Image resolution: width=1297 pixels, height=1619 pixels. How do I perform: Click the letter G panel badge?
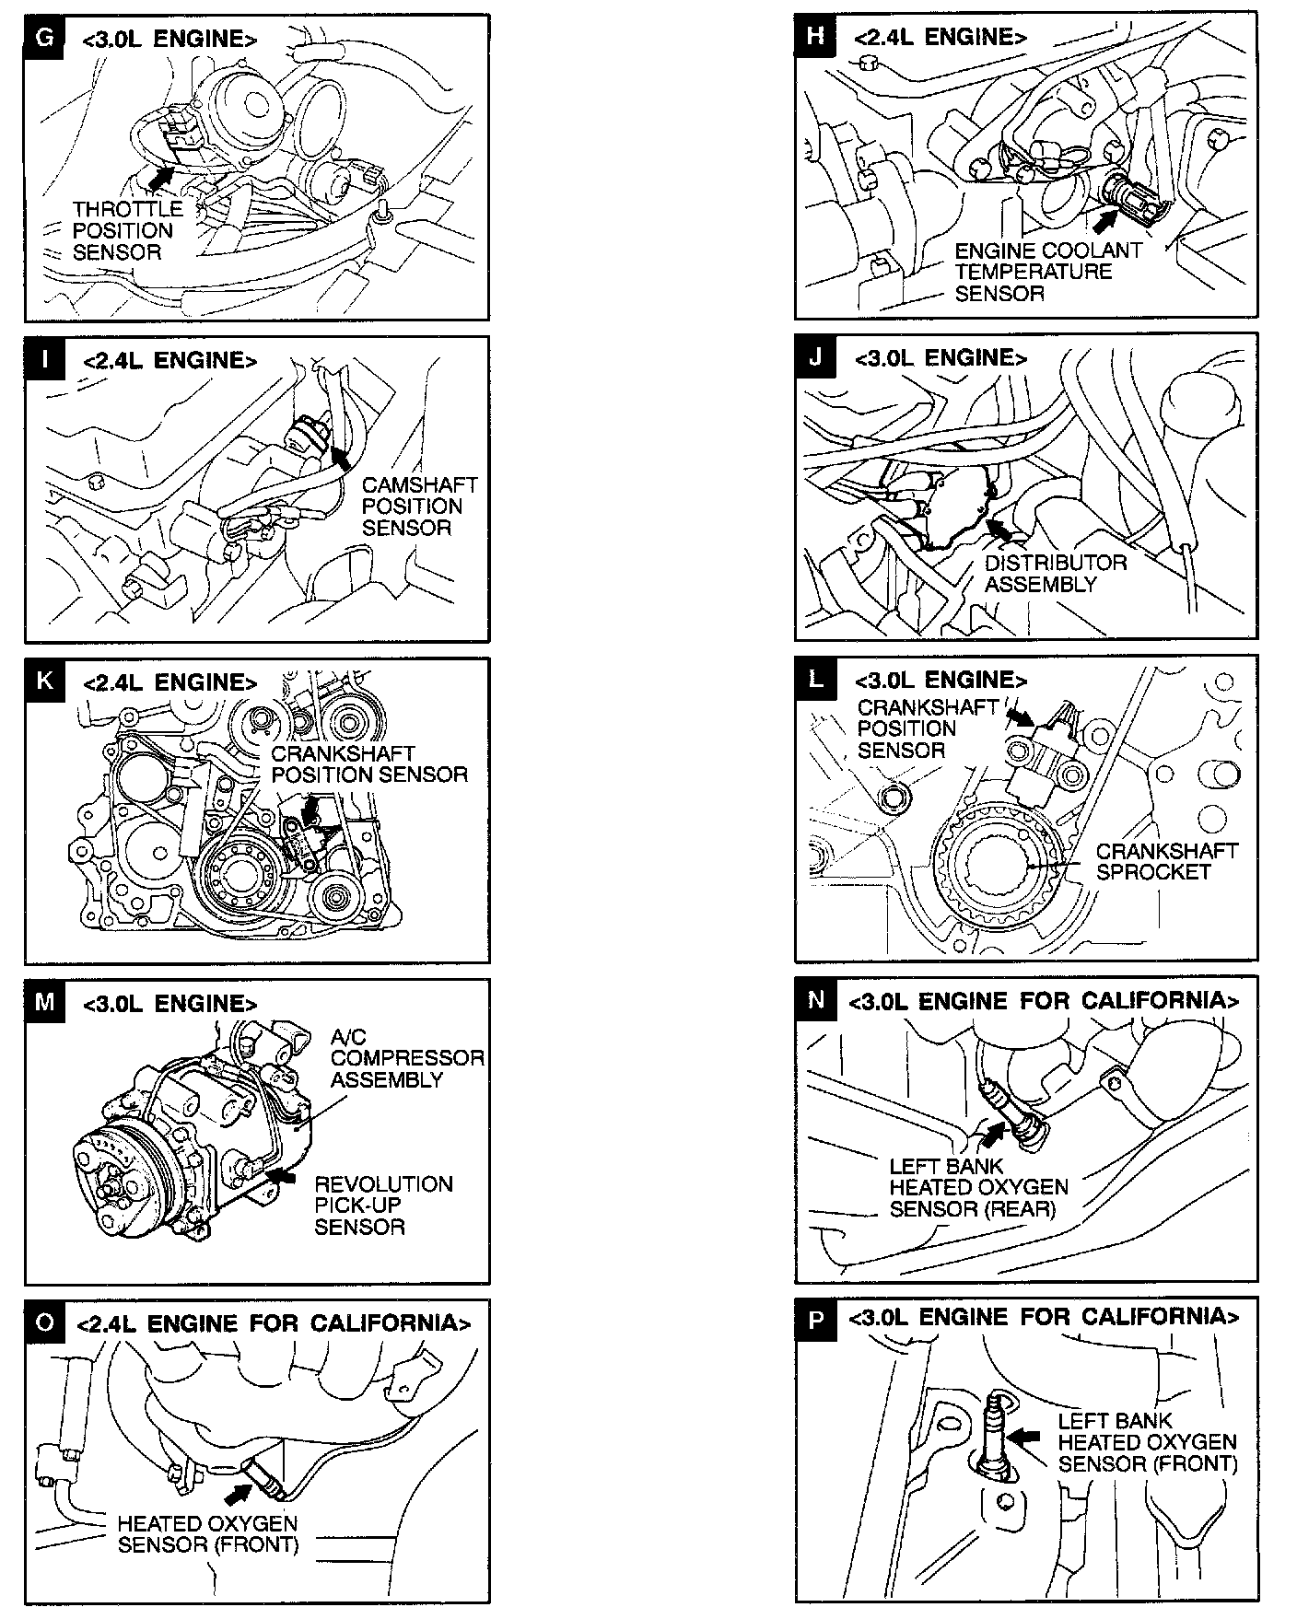pos(43,38)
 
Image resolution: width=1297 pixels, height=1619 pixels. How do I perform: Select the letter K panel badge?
pos(43,681)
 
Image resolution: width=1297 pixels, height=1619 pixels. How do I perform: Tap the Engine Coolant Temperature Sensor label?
pos(1047,272)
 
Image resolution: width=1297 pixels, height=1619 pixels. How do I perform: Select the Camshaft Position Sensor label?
pos(419,506)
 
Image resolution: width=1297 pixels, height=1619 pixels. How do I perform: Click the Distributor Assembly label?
pos(1055,573)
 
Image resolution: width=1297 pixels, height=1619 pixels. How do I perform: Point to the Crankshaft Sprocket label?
pos(1166,860)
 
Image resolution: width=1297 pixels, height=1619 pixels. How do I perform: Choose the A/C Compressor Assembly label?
pos(406,1058)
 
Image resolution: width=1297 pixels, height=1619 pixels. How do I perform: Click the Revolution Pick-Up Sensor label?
pos(382,1205)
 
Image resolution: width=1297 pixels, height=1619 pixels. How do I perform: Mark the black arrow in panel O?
pos(239,1492)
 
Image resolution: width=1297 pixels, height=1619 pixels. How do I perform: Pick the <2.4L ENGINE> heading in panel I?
pos(169,360)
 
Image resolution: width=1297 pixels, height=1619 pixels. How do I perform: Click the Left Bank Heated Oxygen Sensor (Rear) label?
pos(978,1187)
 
